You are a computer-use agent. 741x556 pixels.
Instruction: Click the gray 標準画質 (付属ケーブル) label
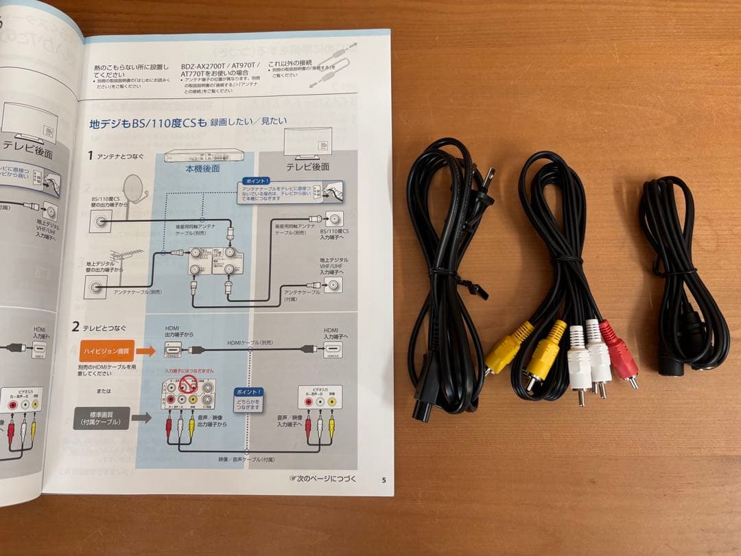coord(101,418)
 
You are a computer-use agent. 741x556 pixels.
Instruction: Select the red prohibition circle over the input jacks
coord(189,383)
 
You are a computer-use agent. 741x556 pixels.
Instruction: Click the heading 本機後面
coord(202,167)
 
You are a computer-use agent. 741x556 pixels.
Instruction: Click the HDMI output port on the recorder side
coord(173,349)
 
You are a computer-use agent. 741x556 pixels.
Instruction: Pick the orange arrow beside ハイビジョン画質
coord(145,351)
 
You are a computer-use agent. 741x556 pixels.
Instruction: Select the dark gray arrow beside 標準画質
coord(141,417)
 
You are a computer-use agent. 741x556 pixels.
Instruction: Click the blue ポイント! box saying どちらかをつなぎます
coord(248,400)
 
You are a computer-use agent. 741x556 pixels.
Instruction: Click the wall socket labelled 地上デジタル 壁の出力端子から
coord(95,288)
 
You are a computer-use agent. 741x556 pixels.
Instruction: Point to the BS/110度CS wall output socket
coord(102,221)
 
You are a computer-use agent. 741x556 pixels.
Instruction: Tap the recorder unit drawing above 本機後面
coord(204,154)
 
